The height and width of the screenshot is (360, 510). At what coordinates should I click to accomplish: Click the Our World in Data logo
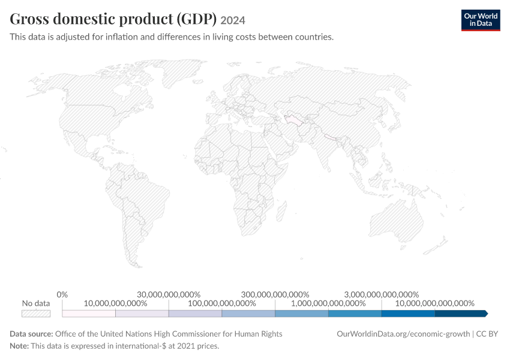pyautogui.click(x=481, y=20)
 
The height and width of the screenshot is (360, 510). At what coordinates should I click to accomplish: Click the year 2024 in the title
pyautogui.click(x=233, y=20)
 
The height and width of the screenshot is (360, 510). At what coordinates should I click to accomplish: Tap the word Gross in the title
pyautogui.click(x=29, y=19)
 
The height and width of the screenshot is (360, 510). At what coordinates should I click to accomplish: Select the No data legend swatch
pyautogui.click(x=36, y=313)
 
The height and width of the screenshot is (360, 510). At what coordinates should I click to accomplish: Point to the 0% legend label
pyautogui.click(x=62, y=295)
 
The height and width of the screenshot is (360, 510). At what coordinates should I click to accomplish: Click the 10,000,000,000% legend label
pyautogui.click(x=115, y=304)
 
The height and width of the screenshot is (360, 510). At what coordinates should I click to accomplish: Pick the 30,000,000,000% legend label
pyautogui.click(x=169, y=295)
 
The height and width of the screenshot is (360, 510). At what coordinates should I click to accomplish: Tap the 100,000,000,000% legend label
pyautogui.click(x=222, y=304)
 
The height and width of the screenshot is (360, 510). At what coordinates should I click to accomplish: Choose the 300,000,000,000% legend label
pyautogui.click(x=275, y=295)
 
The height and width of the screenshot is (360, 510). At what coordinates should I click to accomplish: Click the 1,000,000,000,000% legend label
pyautogui.click(x=328, y=304)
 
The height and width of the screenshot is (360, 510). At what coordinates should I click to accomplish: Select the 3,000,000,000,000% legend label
pyautogui.click(x=382, y=295)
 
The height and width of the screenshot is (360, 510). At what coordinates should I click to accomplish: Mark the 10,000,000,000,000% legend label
pyautogui.click(x=434, y=304)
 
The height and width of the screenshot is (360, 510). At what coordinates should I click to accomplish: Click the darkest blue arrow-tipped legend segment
pyautogui.click(x=461, y=313)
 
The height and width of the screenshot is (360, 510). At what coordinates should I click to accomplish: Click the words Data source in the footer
pyautogui.click(x=31, y=334)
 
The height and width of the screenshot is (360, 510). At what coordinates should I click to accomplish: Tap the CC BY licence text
pyautogui.click(x=487, y=334)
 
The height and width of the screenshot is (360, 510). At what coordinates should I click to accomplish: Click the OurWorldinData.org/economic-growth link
pyautogui.click(x=403, y=334)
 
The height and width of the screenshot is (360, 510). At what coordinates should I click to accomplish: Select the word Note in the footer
pyautogui.click(x=19, y=346)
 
